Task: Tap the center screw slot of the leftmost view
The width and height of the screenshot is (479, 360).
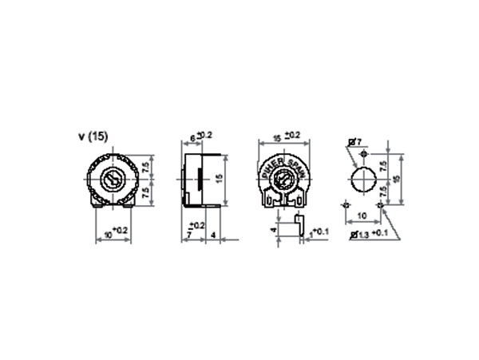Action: (117, 176)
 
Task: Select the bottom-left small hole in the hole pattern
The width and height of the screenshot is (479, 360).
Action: (346, 205)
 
